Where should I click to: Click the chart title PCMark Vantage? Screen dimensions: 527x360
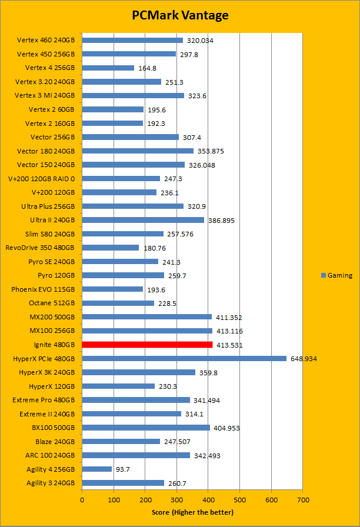180,15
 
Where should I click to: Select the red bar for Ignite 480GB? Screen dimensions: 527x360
147,345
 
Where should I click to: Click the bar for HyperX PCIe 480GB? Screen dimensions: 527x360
184,358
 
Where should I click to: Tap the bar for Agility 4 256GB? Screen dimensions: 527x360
97,469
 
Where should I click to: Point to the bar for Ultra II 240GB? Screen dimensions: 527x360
143,220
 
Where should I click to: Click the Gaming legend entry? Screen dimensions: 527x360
337,275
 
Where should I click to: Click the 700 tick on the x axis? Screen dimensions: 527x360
302,499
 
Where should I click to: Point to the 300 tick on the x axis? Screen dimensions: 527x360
176,499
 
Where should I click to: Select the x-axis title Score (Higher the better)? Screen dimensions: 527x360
192,512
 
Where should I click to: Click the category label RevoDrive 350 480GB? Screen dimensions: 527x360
40,248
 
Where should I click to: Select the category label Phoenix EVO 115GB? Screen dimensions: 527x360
43,289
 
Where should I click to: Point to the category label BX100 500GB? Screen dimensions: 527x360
49,428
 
